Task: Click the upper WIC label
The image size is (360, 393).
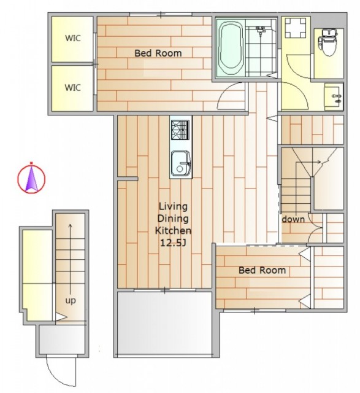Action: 73,38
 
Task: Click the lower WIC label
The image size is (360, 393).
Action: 73,88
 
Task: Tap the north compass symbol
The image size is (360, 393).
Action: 31,177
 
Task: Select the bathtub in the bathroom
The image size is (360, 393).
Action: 231,49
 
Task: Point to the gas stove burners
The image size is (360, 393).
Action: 180,130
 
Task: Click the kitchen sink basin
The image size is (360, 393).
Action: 180,163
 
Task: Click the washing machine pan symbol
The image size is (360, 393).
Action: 296,28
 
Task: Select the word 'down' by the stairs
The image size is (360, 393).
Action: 293,219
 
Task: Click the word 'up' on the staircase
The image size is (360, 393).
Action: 71,300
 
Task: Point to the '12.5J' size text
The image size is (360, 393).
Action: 173,243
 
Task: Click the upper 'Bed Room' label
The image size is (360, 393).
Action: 158,53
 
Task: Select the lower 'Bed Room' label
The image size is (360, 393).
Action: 262,270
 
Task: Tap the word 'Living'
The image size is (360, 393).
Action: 173,207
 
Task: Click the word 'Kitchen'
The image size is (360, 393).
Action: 173,231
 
